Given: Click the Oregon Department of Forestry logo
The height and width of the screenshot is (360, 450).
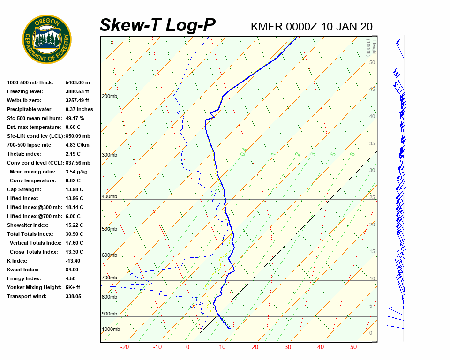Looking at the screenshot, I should [47, 39].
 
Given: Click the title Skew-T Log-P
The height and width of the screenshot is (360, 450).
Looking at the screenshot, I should [157, 25].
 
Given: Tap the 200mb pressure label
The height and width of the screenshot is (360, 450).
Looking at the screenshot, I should [110, 97].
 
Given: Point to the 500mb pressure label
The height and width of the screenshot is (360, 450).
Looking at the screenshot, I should [110, 229].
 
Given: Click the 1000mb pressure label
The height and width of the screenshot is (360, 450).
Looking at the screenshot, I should [111, 330].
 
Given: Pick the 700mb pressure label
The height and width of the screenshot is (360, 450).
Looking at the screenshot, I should [110, 278].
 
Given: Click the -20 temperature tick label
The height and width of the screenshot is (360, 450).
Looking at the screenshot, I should [125, 347].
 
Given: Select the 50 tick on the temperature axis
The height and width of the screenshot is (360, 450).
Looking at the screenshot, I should [353, 347].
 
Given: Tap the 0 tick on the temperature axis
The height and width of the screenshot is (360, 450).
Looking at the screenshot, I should [187, 347].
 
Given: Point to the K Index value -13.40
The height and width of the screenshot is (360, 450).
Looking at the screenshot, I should [73, 261].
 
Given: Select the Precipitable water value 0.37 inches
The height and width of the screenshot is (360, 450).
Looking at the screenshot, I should [79, 109].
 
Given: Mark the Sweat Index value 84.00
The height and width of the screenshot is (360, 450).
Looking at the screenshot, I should [72, 270].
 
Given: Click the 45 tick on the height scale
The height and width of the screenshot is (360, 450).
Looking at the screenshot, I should [372, 90].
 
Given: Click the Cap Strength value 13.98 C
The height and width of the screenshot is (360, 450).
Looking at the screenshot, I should [75, 189].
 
